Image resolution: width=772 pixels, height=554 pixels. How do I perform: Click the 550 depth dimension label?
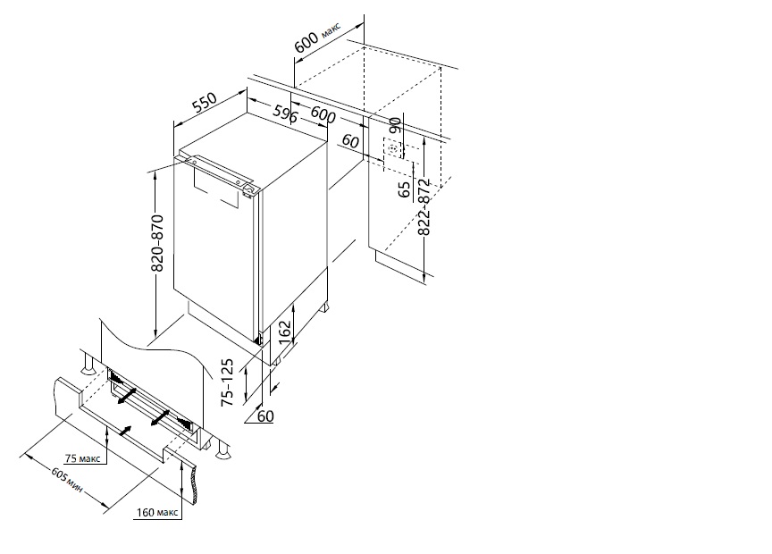coord(205,103)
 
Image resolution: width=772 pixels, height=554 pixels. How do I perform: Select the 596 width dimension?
coord(285,114)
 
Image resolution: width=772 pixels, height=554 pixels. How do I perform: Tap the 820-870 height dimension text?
coord(157,243)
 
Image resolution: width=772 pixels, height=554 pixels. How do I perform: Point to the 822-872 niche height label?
coord(424,207)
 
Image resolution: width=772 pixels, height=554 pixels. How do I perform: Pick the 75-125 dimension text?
coord(227,382)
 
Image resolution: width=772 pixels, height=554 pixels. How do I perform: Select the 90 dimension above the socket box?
coord(395,125)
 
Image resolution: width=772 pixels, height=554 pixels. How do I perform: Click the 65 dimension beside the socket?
coord(404,189)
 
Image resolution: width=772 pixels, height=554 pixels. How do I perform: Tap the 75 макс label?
coord(83,458)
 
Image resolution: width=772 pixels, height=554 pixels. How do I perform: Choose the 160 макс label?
coord(157,513)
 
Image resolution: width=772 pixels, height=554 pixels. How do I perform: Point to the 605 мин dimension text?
coord(67,479)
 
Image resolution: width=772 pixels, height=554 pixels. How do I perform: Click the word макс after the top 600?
coord(331,29)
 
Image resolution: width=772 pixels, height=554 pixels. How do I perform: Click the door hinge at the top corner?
coord(249,189)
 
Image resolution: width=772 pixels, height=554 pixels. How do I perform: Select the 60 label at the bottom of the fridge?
coord(265,416)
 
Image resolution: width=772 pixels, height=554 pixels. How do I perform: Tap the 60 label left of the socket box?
coord(350,141)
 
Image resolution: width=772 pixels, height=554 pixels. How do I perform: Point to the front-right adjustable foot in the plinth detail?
coord(223,449)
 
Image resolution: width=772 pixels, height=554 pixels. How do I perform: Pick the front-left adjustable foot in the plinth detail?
coord(88,365)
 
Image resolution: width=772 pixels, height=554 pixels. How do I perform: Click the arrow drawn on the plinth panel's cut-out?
coord(125,431)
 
